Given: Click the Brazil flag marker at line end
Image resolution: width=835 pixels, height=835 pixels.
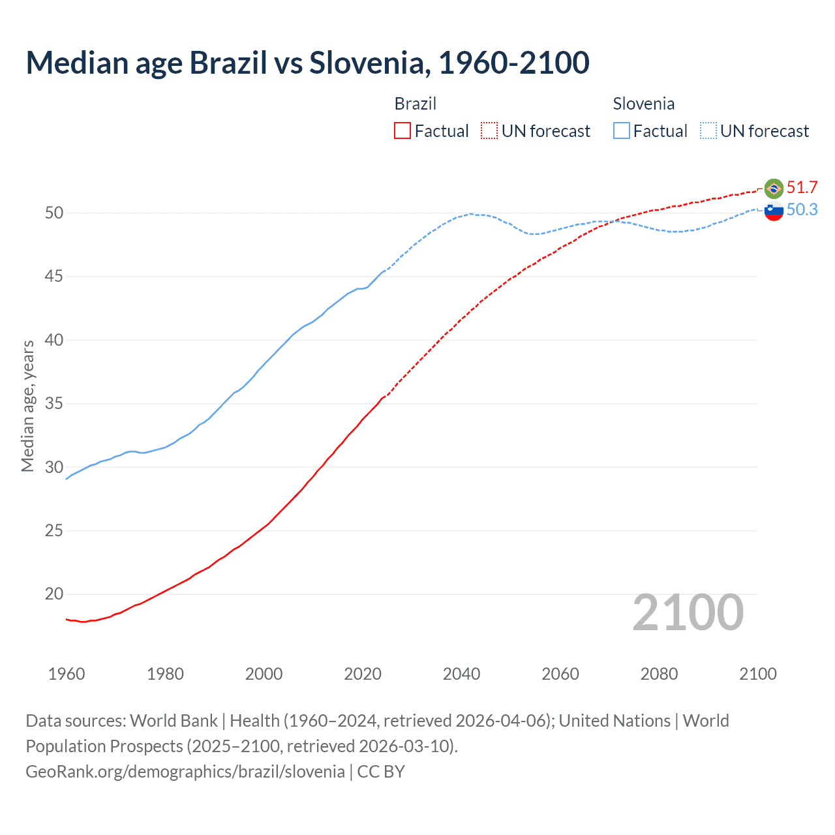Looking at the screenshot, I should click(x=774, y=189).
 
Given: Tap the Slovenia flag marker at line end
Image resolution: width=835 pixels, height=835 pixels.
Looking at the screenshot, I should click(x=774, y=211).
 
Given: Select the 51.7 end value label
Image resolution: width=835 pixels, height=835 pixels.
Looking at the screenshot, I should click(x=802, y=188).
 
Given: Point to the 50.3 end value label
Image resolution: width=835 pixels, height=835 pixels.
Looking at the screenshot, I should click(x=802, y=209).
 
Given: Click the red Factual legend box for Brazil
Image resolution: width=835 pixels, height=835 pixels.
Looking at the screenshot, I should click(x=402, y=131).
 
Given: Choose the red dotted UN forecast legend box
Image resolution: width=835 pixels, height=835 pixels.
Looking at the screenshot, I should click(x=489, y=131).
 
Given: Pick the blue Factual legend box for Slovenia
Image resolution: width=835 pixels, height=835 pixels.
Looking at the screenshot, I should click(x=622, y=131).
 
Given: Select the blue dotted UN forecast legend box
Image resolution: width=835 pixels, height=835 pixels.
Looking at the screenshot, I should click(x=708, y=131).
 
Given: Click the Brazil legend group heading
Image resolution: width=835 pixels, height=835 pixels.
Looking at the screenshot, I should click(x=416, y=104).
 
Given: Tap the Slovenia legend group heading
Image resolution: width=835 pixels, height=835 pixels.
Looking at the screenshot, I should click(x=643, y=104).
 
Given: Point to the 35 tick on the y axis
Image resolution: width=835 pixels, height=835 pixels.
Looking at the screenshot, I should click(x=54, y=404).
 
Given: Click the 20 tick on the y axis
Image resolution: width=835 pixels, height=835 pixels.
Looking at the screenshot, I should click(x=54, y=594).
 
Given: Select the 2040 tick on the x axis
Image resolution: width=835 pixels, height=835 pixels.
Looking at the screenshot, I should click(x=461, y=674).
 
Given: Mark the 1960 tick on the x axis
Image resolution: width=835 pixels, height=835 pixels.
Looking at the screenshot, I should click(x=67, y=674).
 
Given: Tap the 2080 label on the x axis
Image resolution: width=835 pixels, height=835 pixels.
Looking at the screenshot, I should click(x=659, y=674).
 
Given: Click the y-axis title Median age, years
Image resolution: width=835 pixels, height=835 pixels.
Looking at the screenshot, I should click(x=27, y=406).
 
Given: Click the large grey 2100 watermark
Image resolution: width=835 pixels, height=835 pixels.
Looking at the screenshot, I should click(x=688, y=613).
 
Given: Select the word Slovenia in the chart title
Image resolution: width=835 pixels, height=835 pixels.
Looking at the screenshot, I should click(x=367, y=63).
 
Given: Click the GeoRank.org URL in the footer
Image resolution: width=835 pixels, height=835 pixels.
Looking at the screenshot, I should click(x=185, y=772).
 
